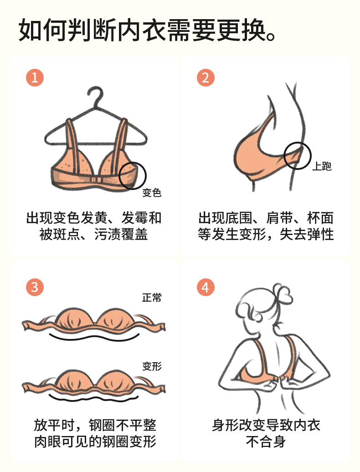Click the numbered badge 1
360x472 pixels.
point(35,77)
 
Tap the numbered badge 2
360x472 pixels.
point(206,77)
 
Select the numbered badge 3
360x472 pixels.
point(35,287)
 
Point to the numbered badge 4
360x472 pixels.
point(206,287)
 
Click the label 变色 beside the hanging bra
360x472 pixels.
point(152,192)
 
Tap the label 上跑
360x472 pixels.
point(322,166)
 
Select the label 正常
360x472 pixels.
point(152,298)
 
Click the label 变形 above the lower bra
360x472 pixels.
point(152,366)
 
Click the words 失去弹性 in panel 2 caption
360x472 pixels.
point(307,234)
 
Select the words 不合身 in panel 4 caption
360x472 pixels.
point(266,441)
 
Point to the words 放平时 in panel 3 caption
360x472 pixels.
point(54,425)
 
